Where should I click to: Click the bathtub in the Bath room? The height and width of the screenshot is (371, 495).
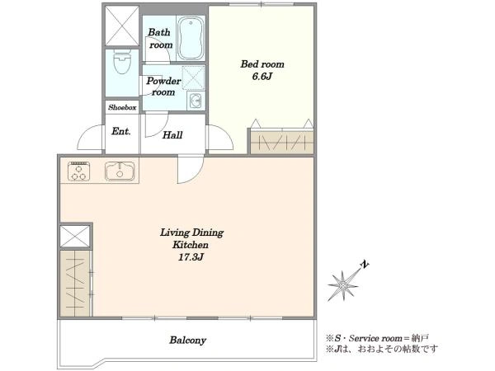click(x=191, y=38)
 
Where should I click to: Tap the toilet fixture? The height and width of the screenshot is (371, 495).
click(x=122, y=62)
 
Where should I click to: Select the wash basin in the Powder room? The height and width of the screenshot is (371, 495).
click(x=196, y=101)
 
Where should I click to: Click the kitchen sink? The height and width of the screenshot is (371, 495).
click(x=120, y=171)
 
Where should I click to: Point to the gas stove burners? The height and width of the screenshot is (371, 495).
click(x=79, y=171)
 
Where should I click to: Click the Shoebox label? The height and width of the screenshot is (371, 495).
click(x=122, y=107)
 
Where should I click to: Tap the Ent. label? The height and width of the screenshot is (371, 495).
click(x=121, y=131)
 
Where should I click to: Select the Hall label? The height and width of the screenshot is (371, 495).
click(x=172, y=135)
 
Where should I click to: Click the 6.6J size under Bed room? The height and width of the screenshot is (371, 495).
click(x=262, y=77)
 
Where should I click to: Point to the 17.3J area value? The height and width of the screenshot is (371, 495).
click(x=191, y=257)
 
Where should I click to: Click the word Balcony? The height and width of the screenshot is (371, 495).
click(x=187, y=340)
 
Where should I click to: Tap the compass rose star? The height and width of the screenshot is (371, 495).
click(x=343, y=286)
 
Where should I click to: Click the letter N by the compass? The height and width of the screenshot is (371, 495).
click(x=365, y=265)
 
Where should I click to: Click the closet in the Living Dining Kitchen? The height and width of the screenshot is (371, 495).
click(x=75, y=284)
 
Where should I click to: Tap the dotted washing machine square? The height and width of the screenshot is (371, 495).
click(x=194, y=77)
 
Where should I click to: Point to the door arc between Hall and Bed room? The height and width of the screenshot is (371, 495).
click(x=221, y=137)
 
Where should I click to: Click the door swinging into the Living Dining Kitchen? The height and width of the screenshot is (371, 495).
click(x=191, y=169)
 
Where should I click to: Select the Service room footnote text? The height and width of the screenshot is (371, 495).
click(x=378, y=339)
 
